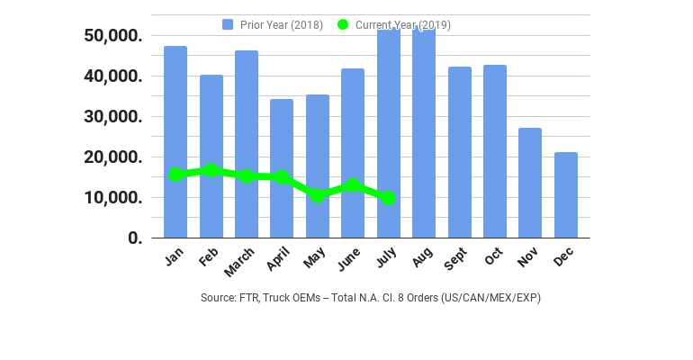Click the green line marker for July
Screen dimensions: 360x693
click(x=388, y=198)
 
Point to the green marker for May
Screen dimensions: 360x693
click(x=317, y=195)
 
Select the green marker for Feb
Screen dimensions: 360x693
click(x=211, y=170)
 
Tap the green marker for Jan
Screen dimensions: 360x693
click(x=175, y=175)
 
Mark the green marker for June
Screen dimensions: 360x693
click(x=353, y=185)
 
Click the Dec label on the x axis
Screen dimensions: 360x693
click(x=562, y=257)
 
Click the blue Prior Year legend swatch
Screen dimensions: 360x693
click(x=228, y=24)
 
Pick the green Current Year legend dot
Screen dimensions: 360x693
click(x=343, y=24)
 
